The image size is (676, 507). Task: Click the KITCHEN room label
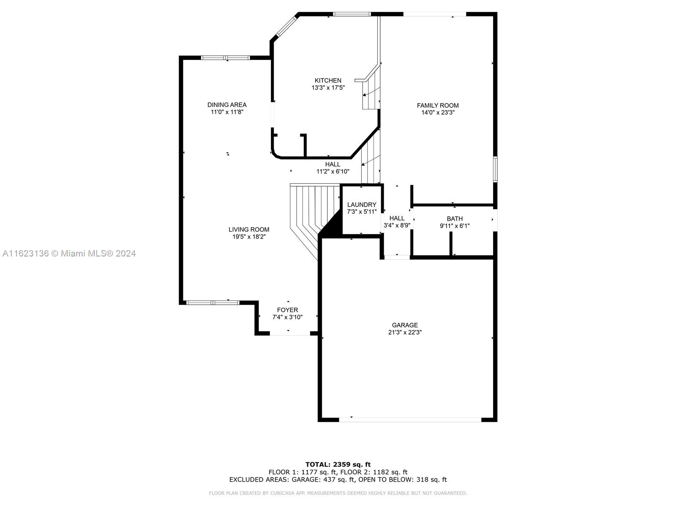pos(328,80)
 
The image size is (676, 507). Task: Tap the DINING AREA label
pos(226,105)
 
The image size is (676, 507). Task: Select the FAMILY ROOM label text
pos(438,105)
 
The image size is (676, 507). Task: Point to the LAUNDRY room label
pos(362,204)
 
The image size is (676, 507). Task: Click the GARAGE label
pos(405,325)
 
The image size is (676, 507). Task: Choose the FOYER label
pos(287,310)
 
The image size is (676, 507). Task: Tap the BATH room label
pos(455,218)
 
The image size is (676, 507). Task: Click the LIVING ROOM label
pos(249,229)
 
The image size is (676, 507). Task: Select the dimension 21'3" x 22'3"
pos(405,332)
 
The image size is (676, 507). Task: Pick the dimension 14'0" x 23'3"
pos(438,113)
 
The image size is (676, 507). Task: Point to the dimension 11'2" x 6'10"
pos(333,172)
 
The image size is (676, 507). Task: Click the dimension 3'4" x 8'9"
pos(397,225)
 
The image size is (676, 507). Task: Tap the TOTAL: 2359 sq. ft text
pos(338,464)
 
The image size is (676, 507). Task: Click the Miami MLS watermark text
pos(69,253)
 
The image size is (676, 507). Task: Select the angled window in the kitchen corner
pos(286,26)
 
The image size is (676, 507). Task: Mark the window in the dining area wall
pos(225,57)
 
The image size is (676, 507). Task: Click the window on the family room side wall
pos(495,169)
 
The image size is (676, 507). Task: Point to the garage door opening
pos(410,420)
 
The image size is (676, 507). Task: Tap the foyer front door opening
pos(290,333)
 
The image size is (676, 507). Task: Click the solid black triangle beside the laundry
pos(332,225)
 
